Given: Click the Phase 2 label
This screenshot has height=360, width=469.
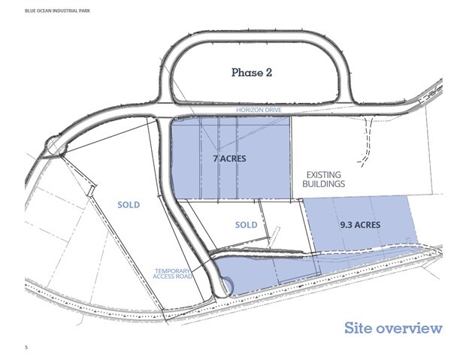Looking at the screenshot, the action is tap(252, 73).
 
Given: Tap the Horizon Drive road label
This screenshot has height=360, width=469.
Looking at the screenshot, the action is tap(259, 110).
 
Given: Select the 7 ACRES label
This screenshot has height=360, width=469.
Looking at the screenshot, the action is tap(230, 159).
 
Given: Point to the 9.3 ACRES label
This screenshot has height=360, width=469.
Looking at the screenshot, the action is tap(360, 225).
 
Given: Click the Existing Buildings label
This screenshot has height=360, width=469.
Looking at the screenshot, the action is tap(324, 179).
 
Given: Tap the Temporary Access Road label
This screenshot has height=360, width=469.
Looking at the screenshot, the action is tap(172, 274).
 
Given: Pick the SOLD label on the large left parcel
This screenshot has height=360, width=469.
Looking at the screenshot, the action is tap(129, 205).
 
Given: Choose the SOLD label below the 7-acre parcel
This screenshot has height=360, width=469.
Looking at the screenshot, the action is tap(247, 225).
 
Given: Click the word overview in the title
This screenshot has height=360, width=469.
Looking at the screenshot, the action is tap(409, 328).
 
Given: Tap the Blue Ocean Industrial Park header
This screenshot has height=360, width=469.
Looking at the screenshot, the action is tap(57, 11).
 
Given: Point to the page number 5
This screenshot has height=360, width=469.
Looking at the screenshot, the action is tap(26, 347).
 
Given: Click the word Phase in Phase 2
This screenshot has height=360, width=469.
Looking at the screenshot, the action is tap(247, 73).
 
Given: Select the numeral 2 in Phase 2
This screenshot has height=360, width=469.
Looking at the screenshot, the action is tap(268, 73).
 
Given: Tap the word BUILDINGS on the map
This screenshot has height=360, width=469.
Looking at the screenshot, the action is tap(324, 183).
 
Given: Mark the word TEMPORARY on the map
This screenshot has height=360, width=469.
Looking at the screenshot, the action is tap(172, 271).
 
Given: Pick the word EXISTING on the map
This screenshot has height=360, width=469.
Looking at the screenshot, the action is tap(324, 174).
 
